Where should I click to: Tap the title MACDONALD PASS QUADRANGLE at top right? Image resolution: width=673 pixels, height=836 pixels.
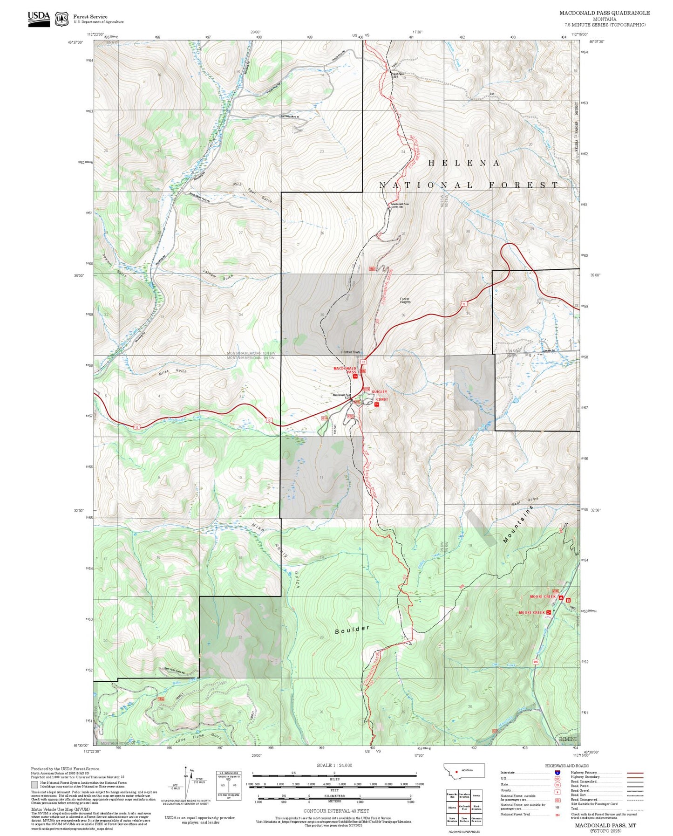(x=604, y=13)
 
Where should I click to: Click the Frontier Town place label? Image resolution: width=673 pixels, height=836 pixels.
(x=350, y=352)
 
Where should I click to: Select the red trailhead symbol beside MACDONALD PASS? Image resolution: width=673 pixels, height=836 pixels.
(x=355, y=377)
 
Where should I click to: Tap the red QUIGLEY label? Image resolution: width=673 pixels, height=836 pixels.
(x=379, y=392)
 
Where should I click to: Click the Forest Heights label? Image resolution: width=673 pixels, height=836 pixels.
(x=405, y=301)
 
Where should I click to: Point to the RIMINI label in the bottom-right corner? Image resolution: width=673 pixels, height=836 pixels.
(x=567, y=740)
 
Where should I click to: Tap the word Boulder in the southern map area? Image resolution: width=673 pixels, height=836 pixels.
(x=352, y=629)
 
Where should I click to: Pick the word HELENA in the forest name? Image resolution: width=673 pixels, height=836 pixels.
(x=464, y=163)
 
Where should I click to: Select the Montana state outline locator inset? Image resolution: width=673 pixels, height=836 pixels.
(x=464, y=771)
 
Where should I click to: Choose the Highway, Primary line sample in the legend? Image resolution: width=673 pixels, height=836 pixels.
(x=635, y=773)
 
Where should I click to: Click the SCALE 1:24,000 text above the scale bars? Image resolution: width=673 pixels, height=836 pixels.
(x=334, y=765)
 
